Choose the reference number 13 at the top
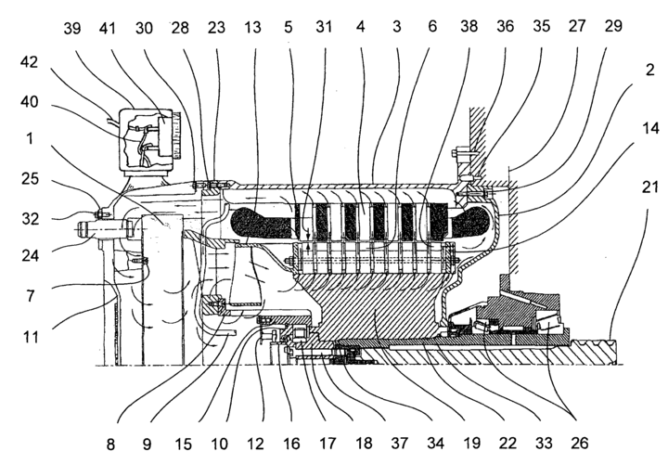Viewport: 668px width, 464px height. (253, 30)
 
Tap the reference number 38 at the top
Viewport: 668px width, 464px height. (471, 30)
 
